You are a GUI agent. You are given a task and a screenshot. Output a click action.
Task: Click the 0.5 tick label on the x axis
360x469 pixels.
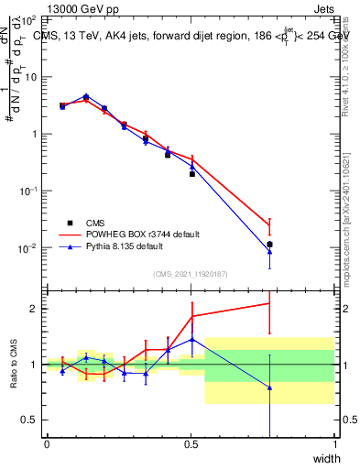(191, 444)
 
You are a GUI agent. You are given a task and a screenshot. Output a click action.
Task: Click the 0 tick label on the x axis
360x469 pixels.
(47, 444)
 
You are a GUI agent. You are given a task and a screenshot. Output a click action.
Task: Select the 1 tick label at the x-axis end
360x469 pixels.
(334, 444)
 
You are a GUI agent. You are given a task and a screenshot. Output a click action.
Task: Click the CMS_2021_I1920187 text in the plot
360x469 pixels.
(190, 272)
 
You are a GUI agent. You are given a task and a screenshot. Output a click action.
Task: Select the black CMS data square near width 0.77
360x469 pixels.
(269, 245)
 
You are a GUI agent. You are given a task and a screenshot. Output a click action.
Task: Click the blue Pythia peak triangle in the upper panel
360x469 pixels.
(86, 95)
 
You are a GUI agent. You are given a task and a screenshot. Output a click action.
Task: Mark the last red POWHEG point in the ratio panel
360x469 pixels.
(269, 303)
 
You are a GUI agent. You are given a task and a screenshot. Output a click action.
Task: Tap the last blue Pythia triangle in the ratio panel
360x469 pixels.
(269, 387)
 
